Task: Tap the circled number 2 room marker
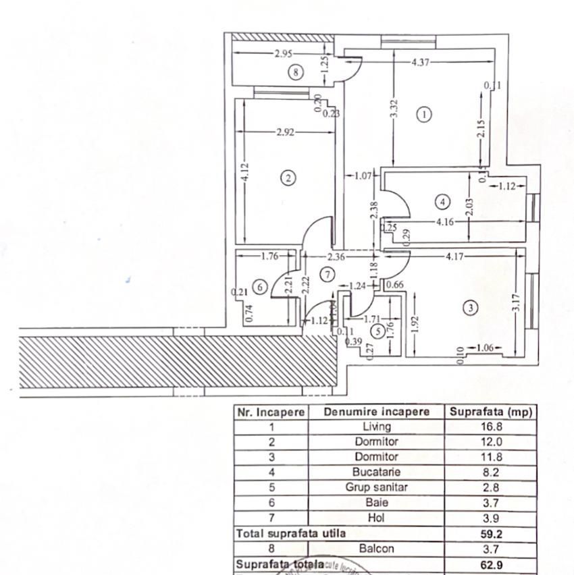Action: pos(288,178)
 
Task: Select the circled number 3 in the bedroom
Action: pos(471,308)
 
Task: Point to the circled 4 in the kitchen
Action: pos(442,202)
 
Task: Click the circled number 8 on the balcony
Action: pos(295,72)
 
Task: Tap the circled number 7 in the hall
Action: pos(328,275)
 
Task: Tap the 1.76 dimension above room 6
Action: pos(269,256)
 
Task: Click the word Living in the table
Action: pos(376,427)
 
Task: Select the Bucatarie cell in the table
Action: pos(376,472)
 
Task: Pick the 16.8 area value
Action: pos(490,427)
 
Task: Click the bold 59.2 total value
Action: pos(490,533)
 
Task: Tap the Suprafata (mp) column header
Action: pos(490,412)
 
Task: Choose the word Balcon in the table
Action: pos(376,549)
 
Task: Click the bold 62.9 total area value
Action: pos(490,564)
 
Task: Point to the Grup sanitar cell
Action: pos(376,487)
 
